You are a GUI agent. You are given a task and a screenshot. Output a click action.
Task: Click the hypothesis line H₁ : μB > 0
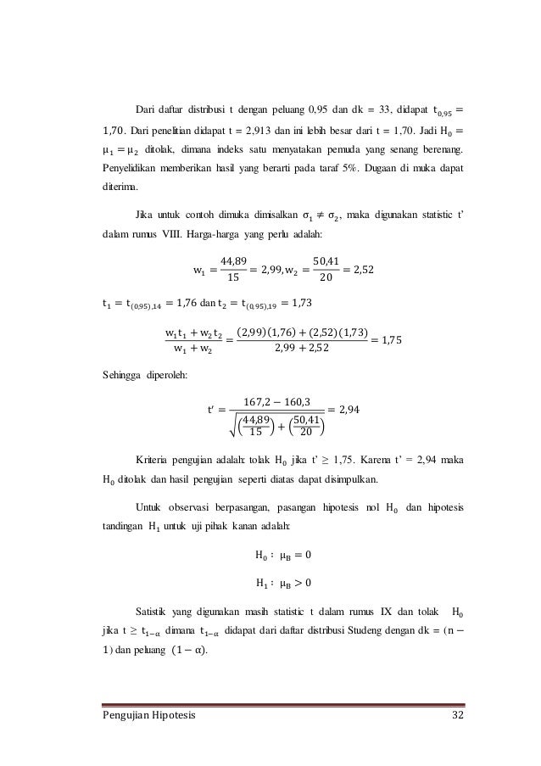click(x=283, y=582)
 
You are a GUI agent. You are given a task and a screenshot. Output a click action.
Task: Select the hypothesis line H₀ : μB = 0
click(x=283, y=556)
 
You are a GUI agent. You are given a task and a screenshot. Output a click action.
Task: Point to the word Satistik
click(x=153, y=610)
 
